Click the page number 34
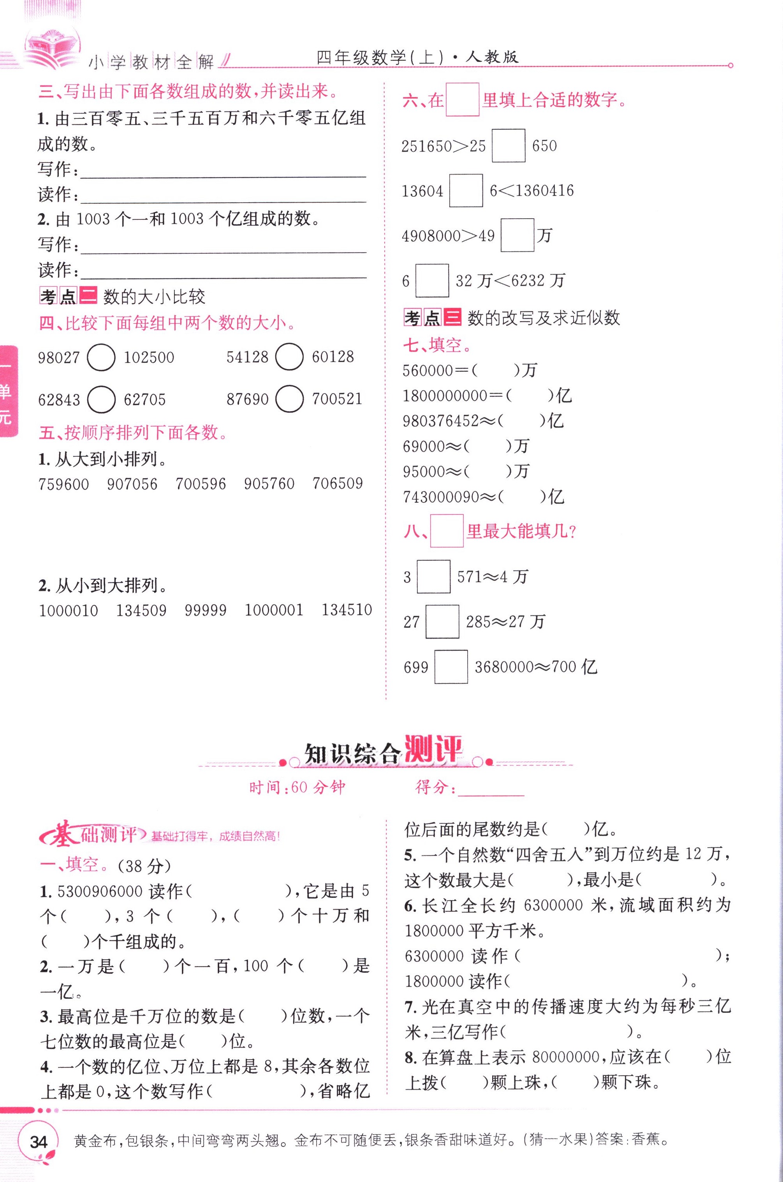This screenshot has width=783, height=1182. (x=39, y=1142)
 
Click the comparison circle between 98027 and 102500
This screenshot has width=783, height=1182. (x=101, y=357)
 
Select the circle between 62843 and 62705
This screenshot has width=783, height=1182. (x=101, y=399)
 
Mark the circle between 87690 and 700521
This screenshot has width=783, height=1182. (x=289, y=398)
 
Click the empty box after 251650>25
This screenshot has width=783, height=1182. (x=509, y=145)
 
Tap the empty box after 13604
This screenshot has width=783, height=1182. (x=466, y=191)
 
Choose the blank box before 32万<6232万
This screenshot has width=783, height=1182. (x=432, y=280)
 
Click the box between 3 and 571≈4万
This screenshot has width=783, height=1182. (x=433, y=577)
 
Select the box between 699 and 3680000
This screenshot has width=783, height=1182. (x=451, y=667)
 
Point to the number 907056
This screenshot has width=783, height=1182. (x=132, y=484)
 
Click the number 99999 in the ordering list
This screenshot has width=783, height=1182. (x=205, y=610)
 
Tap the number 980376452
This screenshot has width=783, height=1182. (x=441, y=421)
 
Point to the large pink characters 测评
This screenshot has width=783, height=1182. (x=433, y=750)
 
